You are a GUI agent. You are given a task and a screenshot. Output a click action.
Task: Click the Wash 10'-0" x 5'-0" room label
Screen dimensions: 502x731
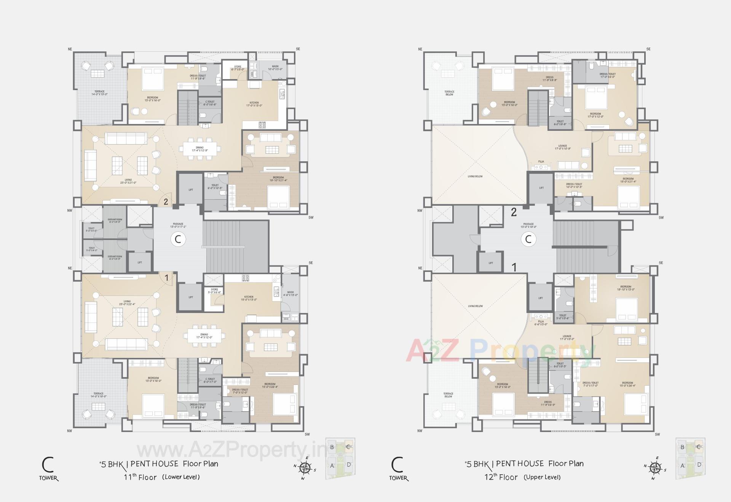tap(275, 68)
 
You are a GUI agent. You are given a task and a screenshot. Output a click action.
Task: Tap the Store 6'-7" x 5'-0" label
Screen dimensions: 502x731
tap(238, 68)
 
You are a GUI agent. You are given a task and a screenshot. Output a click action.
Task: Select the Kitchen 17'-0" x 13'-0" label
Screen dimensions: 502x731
tap(254, 104)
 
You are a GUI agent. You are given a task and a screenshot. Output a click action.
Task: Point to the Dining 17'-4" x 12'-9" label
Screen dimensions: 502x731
tap(200, 149)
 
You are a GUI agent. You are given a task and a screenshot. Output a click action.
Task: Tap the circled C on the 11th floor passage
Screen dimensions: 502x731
tap(178, 240)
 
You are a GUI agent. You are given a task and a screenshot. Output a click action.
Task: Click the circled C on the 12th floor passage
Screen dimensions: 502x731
tap(528, 240)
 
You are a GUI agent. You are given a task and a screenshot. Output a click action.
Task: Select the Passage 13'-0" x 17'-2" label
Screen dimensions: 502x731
tap(178, 225)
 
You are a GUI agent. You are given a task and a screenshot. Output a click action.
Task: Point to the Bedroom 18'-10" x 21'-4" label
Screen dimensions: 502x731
tap(278, 179)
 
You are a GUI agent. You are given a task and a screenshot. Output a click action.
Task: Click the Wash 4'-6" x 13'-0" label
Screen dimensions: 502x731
tap(290, 294)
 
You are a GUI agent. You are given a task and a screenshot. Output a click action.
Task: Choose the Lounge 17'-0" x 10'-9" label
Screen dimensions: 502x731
tap(562, 147)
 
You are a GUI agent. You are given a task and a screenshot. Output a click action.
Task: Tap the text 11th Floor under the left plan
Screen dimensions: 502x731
tap(140, 477)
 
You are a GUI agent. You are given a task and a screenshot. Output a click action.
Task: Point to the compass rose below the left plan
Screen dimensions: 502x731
tap(305, 467)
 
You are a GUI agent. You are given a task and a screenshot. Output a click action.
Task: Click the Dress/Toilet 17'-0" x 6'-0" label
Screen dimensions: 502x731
tap(607, 75)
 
